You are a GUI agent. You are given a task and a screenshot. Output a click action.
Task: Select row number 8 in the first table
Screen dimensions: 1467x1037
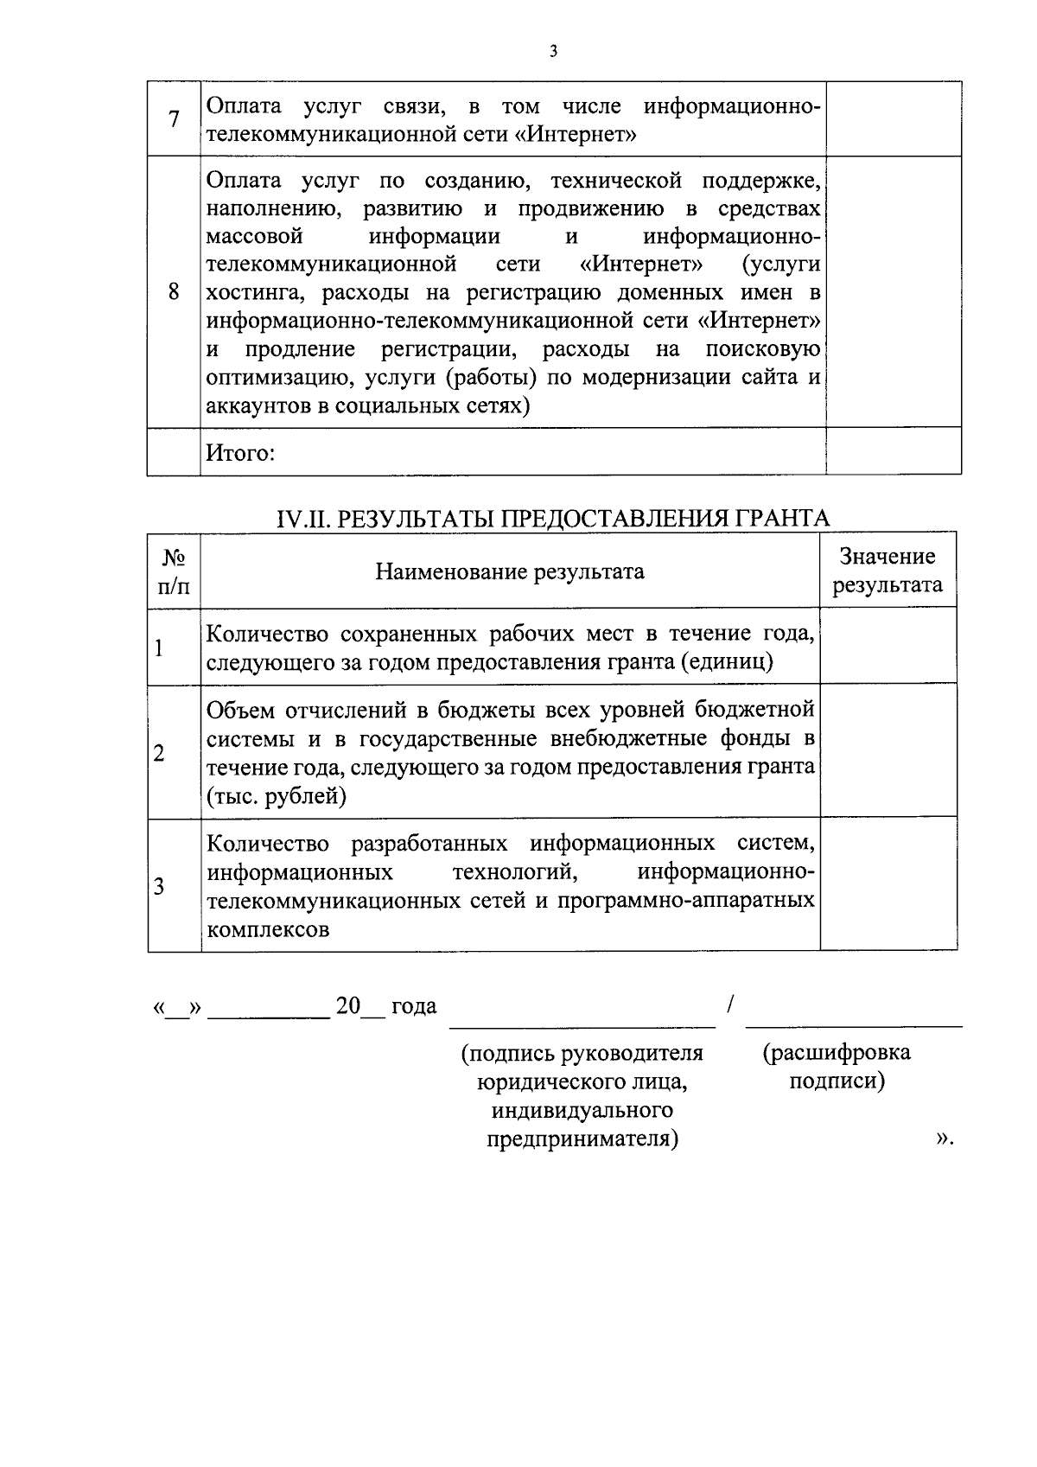coord(174,291)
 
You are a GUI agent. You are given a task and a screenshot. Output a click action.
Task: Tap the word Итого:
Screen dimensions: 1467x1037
coord(240,452)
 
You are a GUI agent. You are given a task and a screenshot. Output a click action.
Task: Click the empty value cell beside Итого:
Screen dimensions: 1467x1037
coord(893,451)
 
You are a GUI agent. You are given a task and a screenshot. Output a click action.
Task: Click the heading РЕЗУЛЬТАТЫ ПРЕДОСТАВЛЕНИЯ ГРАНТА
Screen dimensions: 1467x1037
coord(552,518)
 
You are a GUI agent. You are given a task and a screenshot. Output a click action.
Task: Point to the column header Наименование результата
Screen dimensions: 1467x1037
coord(510,571)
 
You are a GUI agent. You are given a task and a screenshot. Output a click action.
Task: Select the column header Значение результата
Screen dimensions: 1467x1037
coord(887,571)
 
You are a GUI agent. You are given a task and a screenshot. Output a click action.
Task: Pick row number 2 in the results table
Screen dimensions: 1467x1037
coord(159,753)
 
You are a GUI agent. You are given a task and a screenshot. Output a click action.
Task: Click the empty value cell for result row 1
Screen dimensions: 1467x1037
coord(887,647)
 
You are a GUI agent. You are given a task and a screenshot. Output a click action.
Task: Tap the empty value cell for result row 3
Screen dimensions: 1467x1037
coord(887,884)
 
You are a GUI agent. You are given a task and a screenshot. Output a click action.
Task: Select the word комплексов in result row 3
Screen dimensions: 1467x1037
coord(268,930)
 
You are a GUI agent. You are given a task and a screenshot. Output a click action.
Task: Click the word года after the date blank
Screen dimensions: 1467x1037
coord(414,1006)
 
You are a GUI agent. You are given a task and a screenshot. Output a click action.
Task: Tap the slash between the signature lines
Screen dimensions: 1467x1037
coord(731,1004)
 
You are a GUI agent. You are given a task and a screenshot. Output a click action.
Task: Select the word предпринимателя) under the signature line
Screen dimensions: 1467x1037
coord(582,1139)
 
